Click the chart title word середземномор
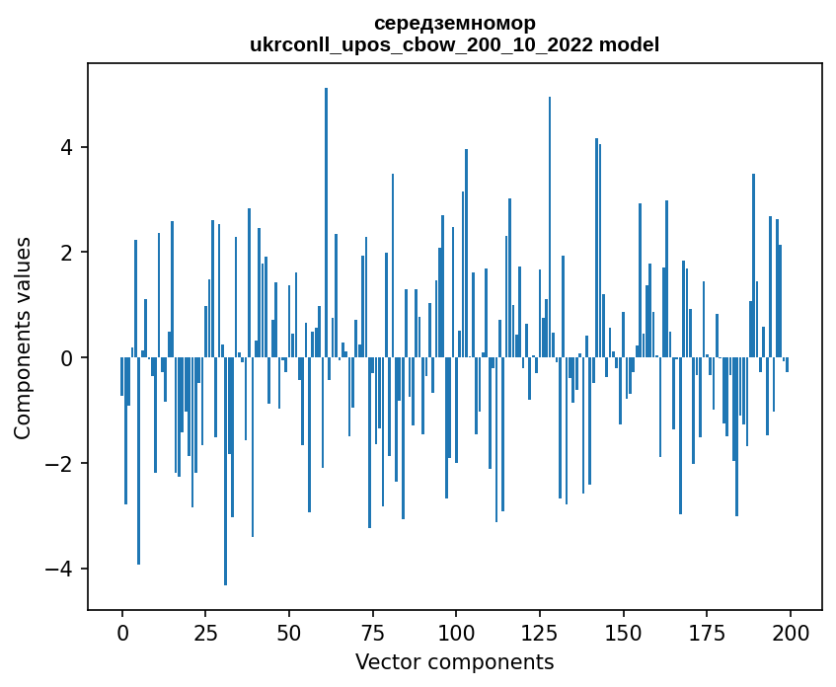click(454, 23)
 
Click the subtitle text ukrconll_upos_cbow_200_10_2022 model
click(454, 44)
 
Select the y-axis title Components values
click(22, 338)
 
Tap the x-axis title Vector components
click(454, 661)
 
